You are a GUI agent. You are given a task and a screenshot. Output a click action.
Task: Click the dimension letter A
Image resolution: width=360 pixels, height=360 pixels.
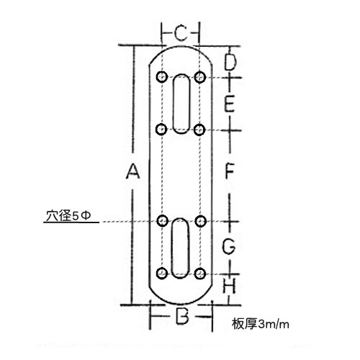(132, 171)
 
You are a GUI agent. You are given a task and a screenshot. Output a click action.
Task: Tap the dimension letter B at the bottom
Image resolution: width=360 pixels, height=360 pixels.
(182, 316)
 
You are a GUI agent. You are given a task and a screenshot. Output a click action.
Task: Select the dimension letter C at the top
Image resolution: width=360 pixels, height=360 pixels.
(181, 33)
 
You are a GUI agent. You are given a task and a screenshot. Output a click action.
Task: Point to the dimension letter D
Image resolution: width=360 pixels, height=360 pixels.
(230, 62)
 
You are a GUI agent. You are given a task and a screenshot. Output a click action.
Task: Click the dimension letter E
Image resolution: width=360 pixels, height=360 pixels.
(229, 104)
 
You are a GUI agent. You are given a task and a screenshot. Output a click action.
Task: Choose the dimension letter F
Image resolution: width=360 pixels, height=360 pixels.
(230, 171)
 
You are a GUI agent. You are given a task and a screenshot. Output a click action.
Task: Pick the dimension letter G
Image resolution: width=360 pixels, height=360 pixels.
(229, 246)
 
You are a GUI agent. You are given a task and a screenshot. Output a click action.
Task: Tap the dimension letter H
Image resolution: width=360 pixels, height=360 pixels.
(229, 286)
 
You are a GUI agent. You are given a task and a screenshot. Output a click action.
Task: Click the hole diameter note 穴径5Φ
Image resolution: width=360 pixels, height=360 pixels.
(68, 216)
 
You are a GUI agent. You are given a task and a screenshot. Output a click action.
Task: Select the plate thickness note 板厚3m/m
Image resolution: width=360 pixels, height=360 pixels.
(261, 324)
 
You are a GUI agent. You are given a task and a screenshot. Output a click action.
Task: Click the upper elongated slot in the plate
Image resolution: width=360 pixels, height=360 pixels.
(181, 104)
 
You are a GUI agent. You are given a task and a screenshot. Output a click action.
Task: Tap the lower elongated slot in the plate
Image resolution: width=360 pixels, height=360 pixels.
(180, 248)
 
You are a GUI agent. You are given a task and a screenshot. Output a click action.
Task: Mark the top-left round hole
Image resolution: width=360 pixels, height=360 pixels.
(162, 77)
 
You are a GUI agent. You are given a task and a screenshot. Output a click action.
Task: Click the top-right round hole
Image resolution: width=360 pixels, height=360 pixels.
(200, 77)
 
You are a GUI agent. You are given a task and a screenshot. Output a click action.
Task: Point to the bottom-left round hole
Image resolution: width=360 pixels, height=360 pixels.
(162, 273)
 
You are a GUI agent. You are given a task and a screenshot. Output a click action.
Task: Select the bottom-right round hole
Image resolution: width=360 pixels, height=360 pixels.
(200, 274)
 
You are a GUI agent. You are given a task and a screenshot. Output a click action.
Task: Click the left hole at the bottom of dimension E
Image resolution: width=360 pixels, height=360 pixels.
(161, 130)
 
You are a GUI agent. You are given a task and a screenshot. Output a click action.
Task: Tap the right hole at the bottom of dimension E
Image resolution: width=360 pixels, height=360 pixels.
(199, 130)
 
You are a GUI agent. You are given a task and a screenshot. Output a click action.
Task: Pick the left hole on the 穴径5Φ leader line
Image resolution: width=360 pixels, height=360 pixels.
(163, 220)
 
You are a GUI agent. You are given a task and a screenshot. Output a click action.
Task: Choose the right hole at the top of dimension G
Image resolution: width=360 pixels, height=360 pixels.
(201, 221)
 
